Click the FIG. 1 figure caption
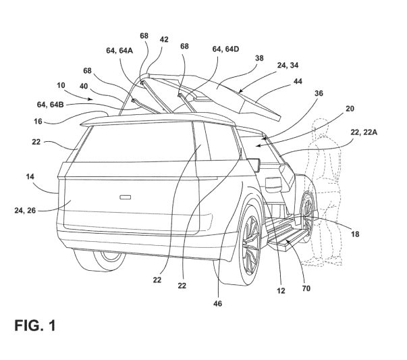35,325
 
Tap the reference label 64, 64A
119,51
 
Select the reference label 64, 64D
225,49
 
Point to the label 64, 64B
51,105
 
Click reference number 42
164,39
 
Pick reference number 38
259,58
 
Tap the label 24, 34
288,66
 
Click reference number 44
298,82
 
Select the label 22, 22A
364,132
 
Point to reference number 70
306,288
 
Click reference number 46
217,303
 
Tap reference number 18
355,234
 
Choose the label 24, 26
25,210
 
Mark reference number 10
61,86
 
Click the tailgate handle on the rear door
125,197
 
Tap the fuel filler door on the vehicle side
273,184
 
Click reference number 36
319,93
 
